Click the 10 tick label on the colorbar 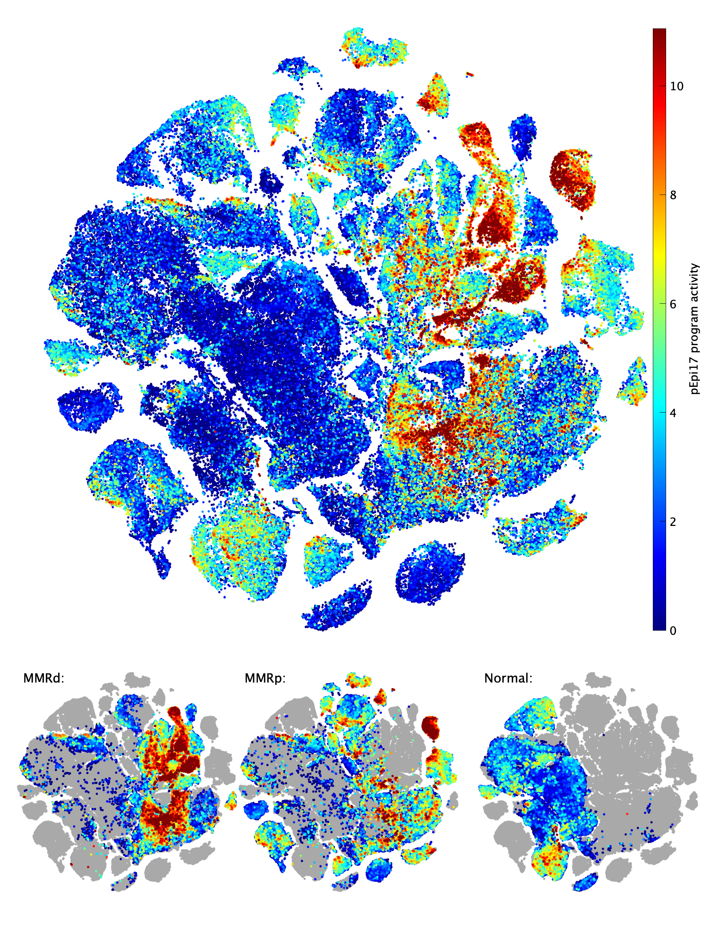[677, 86]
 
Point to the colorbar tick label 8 [673, 195]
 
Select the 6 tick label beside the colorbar [673, 304]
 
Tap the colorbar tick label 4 [673, 413]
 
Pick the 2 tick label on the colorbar [673, 522]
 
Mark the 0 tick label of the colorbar [673, 631]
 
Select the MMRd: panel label [44, 678]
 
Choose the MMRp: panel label [265, 678]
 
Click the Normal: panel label [508, 678]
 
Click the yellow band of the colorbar [659, 255]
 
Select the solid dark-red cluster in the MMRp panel [430, 728]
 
